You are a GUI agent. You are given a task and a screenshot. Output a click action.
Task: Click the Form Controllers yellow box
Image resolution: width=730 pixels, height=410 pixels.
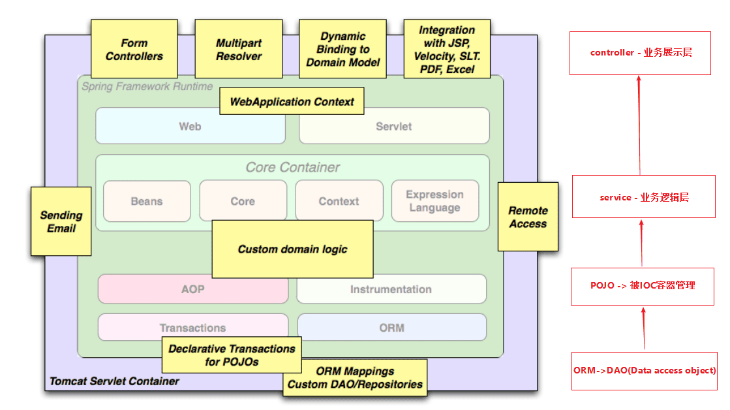pyautogui.click(x=134, y=50)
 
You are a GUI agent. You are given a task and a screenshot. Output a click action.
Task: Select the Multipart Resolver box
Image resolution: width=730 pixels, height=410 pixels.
pyautogui.click(x=239, y=50)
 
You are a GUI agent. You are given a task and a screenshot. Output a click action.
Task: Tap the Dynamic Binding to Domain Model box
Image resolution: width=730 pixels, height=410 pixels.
pyautogui.click(x=343, y=50)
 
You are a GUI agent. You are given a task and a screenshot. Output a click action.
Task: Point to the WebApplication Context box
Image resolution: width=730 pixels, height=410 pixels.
pyautogui.click(x=292, y=101)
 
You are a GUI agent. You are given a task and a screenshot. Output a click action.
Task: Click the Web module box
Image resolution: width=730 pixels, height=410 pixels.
pyautogui.click(x=190, y=126)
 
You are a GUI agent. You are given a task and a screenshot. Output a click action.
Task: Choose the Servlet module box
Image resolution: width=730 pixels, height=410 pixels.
pyautogui.click(x=394, y=126)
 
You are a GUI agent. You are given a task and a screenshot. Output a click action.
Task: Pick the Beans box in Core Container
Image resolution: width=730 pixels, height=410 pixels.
pyautogui.click(x=147, y=201)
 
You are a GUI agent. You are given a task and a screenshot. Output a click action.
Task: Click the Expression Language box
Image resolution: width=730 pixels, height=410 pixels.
pyautogui.click(x=434, y=201)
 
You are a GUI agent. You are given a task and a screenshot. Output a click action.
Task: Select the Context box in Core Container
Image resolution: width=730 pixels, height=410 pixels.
pyautogui.click(x=339, y=201)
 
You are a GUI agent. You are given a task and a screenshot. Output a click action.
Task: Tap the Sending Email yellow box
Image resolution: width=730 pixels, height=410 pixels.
pyautogui.click(x=61, y=221)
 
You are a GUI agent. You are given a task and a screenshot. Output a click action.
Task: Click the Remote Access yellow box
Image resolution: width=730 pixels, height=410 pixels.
pyautogui.click(x=528, y=217)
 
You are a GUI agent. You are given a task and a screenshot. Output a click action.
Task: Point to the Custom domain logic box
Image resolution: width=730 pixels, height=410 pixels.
pyautogui.click(x=292, y=249)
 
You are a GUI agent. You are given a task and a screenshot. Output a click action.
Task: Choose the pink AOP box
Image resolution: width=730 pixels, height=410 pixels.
pyautogui.click(x=192, y=289)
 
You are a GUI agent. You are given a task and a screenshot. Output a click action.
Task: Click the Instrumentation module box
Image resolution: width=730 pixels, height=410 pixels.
pyautogui.click(x=391, y=289)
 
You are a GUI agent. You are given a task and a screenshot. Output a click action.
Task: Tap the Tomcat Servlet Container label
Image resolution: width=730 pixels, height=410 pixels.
pyautogui.click(x=114, y=381)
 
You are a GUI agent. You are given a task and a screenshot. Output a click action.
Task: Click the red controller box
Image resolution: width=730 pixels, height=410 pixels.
pyautogui.click(x=640, y=52)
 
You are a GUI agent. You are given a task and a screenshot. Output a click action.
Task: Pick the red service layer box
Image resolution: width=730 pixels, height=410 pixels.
pyautogui.click(x=643, y=197)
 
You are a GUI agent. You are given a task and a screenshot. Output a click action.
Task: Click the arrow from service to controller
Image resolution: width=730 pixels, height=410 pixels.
pyautogui.click(x=639, y=124)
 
